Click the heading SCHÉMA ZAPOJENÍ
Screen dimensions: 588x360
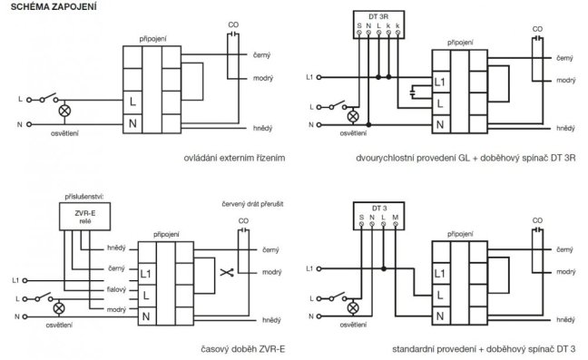(x=54, y=6)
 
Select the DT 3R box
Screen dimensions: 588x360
(x=378, y=24)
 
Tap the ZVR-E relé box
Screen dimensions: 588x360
(x=84, y=217)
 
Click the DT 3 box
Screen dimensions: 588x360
(x=378, y=216)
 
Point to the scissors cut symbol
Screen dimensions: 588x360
(x=227, y=272)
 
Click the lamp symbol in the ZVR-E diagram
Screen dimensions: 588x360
(x=58, y=308)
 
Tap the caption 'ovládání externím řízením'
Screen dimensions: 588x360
(x=234, y=158)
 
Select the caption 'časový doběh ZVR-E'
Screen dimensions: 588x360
(x=243, y=349)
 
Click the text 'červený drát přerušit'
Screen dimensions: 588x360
(x=252, y=204)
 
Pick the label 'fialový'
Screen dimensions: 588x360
(x=116, y=289)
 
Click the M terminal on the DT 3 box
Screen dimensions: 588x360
(x=396, y=224)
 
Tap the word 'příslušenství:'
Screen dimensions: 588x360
(x=84, y=197)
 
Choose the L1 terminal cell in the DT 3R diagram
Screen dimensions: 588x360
(x=441, y=82)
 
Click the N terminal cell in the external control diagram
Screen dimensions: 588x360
(x=132, y=123)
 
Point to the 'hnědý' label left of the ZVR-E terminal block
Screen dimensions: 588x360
(x=116, y=248)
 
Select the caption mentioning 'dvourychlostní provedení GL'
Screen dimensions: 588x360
(x=465, y=158)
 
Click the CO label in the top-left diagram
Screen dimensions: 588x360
(x=233, y=24)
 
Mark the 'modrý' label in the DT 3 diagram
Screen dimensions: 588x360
(x=565, y=272)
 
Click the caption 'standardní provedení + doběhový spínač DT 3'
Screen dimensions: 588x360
(x=484, y=349)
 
